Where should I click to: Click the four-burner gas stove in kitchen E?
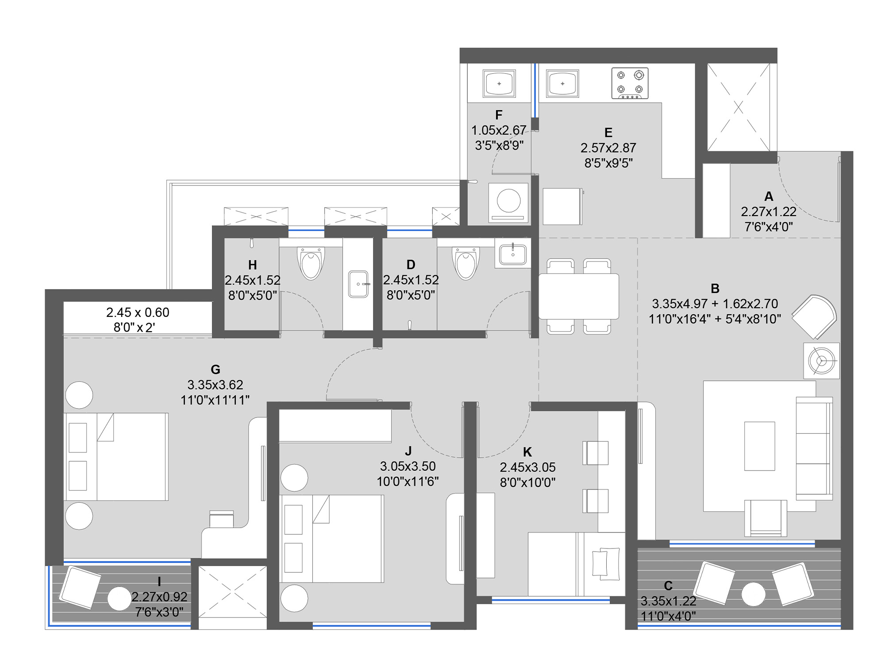(x=630, y=83)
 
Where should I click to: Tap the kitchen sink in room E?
(x=562, y=83)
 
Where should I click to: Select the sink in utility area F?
(x=499, y=83)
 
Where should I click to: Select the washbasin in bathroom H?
(x=358, y=284)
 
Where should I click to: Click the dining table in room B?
(x=579, y=296)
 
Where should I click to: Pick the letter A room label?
(x=769, y=197)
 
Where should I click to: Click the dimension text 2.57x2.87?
(x=608, y=148)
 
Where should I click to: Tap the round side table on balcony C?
(x=754, y=594)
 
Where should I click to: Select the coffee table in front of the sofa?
(x=759, y=446)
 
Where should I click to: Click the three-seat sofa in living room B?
(x=814, y=448)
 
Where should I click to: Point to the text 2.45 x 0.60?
(x=138, y=313)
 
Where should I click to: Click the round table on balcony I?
(x=119, y=598)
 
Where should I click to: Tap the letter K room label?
(x=527, y=452)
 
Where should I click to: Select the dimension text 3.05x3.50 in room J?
(x=408, y=466)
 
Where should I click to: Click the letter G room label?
(x=215, y=370)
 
